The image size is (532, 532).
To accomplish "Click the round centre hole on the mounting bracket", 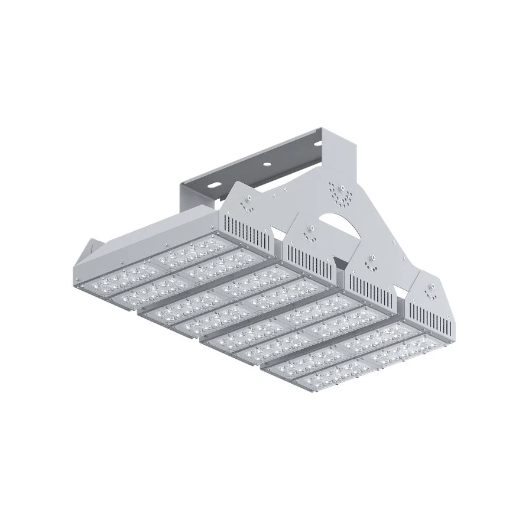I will click(267, 161).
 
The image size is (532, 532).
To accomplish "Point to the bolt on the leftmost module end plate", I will click(249, 196).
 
